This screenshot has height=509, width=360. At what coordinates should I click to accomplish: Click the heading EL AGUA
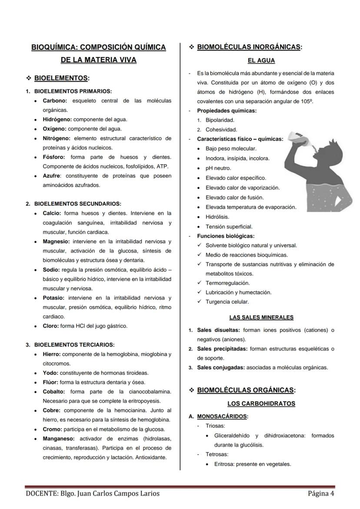tap(261, 61)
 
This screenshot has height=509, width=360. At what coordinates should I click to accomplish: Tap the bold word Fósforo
tap(54, 157)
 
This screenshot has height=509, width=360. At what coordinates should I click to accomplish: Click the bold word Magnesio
tap(56, 241)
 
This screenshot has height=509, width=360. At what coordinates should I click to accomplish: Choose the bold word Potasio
tap(53, 298)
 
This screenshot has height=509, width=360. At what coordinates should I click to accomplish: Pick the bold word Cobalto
tap(54, 392)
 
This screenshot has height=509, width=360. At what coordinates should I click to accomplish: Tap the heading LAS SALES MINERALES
tap(261, 317)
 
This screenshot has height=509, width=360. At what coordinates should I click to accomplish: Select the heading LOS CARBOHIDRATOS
tap(261, 403)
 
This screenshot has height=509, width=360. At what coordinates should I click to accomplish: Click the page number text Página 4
tap(321, 493)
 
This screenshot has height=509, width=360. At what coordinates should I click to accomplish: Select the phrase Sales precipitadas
tap(222, 349)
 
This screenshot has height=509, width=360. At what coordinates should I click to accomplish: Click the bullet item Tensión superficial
tap(229, 226)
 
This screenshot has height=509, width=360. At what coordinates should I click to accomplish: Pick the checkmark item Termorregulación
tap(227, 283)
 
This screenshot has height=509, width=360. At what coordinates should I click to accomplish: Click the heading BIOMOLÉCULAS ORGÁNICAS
tap(246, 390)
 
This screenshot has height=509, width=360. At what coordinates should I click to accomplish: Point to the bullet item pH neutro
tap(218, 168)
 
